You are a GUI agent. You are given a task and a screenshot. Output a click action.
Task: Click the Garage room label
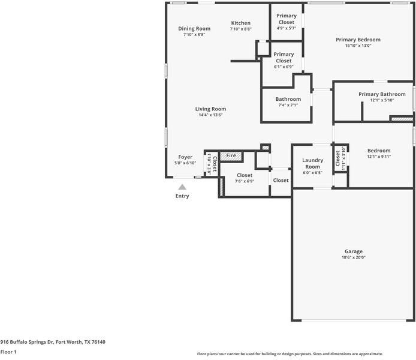pos(354,251)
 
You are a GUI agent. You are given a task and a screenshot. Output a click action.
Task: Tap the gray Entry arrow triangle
pos(182,187)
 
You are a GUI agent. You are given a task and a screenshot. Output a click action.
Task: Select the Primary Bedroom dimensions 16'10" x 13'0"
pos(358,46)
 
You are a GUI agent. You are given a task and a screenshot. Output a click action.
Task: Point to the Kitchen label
pos(240,23)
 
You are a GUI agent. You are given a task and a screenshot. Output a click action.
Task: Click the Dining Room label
pos(194,28)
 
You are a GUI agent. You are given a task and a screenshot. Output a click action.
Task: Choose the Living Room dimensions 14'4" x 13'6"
pos(210,115)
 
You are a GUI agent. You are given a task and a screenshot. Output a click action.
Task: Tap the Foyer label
pos(185,157)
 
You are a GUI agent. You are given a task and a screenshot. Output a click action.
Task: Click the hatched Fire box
pos(231,156)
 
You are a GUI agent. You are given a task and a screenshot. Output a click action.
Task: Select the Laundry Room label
pos(312,163)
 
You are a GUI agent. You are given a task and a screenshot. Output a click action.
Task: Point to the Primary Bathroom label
pos(382,94)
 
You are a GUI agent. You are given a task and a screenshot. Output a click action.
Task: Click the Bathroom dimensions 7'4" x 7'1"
pos(288,105)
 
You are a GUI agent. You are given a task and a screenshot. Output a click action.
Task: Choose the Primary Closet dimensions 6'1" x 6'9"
pos(284,67)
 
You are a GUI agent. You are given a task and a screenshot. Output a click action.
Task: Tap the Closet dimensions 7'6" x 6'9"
pos(245,181)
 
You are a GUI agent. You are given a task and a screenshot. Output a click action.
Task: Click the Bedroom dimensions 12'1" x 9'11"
pos(379,157)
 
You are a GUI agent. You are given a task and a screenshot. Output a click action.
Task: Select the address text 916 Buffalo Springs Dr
pos(28,342)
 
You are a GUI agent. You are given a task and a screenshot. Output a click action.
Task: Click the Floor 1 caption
pos(8,352)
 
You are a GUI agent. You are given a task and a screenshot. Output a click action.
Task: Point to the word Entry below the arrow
pos(182,196)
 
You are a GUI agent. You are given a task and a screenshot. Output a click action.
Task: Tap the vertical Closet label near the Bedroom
pos(337,158)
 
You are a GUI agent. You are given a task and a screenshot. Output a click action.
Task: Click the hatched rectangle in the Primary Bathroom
pos(402,119)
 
